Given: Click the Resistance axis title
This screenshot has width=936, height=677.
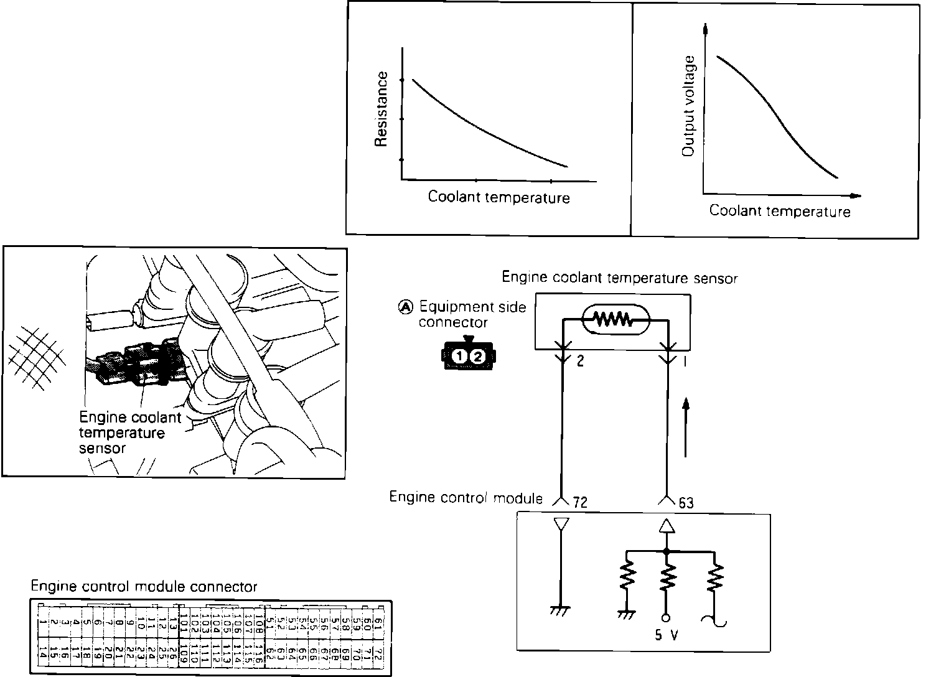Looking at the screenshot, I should point(381,110).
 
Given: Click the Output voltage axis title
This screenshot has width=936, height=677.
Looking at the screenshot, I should point(688,106).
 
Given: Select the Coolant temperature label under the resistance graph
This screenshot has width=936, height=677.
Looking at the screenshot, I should point(498,198).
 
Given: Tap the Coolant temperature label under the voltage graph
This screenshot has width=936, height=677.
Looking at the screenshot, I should point(779,211).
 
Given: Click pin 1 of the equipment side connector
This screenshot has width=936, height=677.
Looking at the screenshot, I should point(459,357).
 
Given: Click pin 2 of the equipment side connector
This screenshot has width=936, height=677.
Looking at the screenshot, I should point(477,357).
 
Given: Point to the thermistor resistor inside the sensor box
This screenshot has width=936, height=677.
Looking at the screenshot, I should point(614,320).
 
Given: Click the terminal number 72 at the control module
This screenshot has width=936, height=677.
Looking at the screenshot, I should point(580,502).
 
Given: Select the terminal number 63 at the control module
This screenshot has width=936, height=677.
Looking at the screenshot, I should point(686,502).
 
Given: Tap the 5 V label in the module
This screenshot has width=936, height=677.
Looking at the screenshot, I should point(666,637).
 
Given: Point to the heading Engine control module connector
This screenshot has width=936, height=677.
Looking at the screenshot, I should point(144,587).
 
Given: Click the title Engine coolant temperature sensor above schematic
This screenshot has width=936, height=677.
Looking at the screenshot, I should point(619,277).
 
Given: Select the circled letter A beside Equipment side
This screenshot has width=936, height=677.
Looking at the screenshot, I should point(405,307).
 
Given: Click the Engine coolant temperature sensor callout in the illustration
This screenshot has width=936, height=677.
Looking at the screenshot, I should point(129,432).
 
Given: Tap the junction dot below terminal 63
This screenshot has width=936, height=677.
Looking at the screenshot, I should point(667,551).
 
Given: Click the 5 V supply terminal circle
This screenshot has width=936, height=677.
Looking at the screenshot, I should point(666,618).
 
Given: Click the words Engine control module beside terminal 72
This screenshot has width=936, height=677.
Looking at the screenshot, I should point(466,497).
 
